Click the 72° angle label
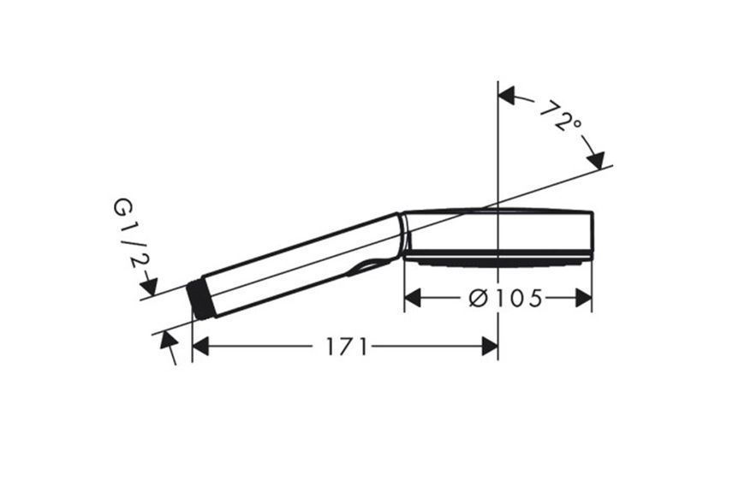561,116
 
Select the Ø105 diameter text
505,298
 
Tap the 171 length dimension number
346,347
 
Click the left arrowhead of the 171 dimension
200,347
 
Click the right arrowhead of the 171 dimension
489,347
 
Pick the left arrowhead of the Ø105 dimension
413,298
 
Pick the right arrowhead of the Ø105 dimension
583,298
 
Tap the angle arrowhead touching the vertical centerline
506,95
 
